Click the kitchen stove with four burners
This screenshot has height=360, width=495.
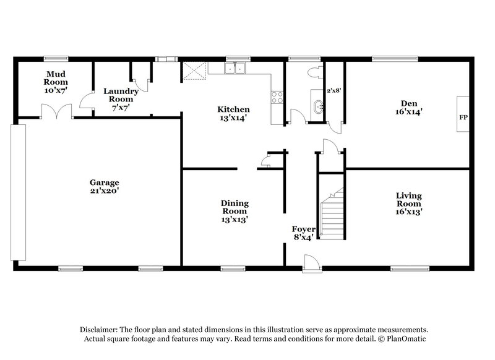276,97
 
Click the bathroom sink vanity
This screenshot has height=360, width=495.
317,107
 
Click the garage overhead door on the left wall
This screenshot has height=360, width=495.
18,192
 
